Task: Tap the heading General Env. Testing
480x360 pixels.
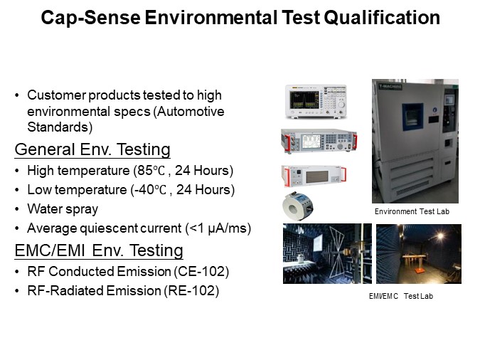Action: coord(92,149)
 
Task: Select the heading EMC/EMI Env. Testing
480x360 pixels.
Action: coord(99,250)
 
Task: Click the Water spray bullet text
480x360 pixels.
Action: coord(63,209)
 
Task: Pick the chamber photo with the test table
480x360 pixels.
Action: coord(418,253)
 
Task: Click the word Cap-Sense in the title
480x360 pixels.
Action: coord(80,18)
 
